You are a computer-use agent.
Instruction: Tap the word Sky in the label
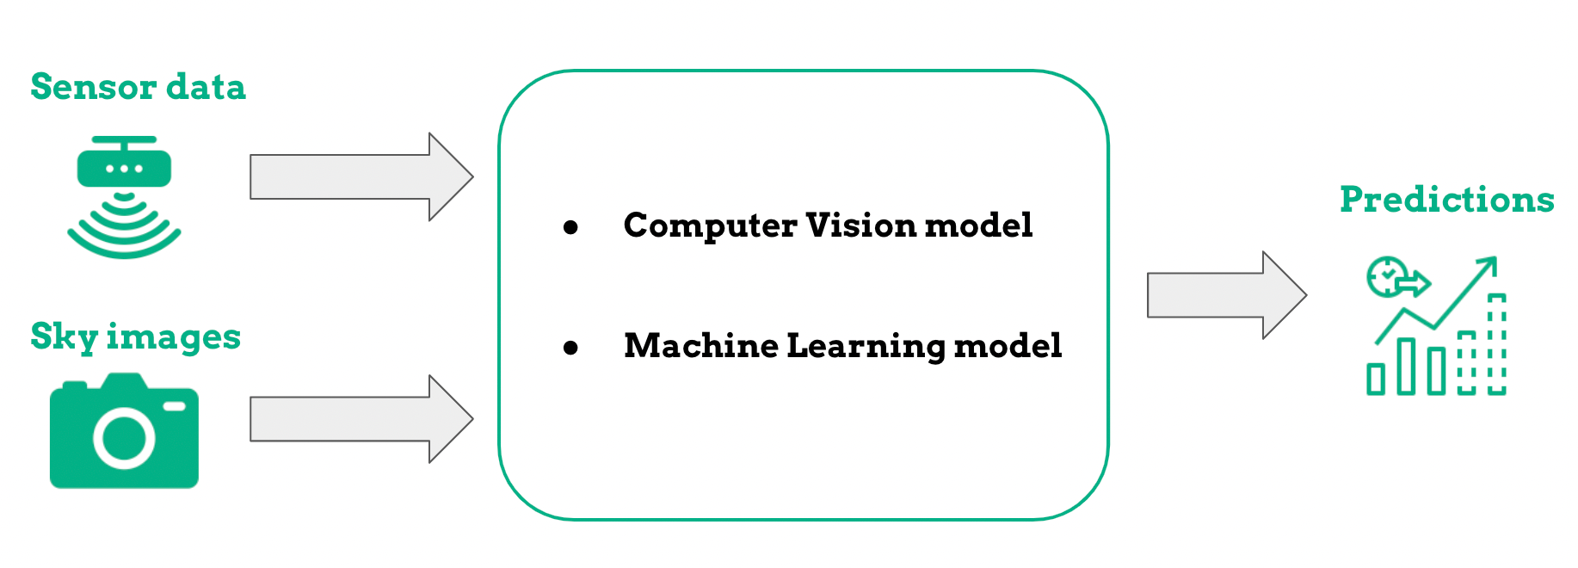point(64,336)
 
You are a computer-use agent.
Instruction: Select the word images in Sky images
point(173,336)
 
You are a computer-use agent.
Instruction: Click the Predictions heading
point(1446,200)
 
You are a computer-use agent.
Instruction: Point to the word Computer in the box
point(710,225)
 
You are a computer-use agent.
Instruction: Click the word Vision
point(860,225)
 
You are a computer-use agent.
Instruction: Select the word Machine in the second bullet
point(700,346)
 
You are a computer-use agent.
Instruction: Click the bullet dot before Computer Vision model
point(570,227)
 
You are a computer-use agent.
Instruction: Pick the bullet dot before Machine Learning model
point(570,348)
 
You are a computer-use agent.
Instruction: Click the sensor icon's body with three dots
point(124,167)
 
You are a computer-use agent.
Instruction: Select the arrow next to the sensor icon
point(361,177)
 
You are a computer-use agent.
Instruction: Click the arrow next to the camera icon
point(361,419)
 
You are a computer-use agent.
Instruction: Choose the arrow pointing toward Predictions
point(1225,295)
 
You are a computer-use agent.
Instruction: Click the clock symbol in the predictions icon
point(1386,276)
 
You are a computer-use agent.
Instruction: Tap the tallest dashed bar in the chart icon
point(1497,344)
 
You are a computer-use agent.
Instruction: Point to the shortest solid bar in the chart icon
point(1376,379)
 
